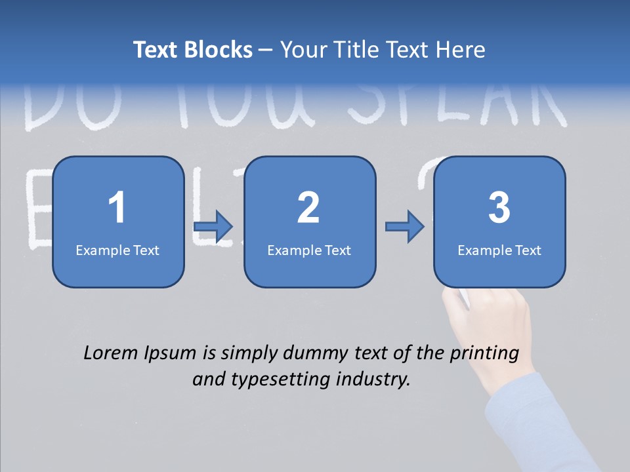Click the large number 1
tap(117, 208)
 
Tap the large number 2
tap(308, 208)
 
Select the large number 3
tap(499, 208)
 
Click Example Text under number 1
tap(117, 250)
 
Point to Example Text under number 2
tap(309, 250)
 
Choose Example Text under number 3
tap(499, 250)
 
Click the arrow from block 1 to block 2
tap(213, 227)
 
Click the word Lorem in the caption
tap(111, 353)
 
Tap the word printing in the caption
tap(483, 354)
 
